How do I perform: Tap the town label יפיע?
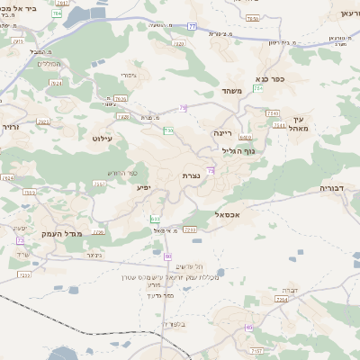click(145, 188)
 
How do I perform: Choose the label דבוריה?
click(337, 189)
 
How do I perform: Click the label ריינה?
click(221, 133)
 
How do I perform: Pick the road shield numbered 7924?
click(9, 178)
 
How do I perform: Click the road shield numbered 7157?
click(256, 350)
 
